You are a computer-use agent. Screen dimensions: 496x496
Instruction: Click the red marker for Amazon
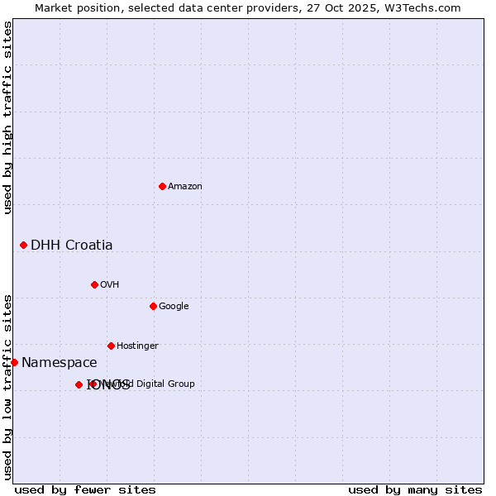pos(162,186)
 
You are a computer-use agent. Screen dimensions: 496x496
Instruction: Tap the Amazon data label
pos(185,186)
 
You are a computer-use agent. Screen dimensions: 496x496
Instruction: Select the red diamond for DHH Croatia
pos(23,245)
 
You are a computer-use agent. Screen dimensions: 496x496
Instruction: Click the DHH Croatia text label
pos(72,245)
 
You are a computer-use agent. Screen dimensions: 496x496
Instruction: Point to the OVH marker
pos(94,284)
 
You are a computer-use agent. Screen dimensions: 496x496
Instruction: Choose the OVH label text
pos(110,284)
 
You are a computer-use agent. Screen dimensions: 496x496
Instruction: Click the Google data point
pos(153,306)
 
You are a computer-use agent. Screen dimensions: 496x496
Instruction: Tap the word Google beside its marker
pos(174,306)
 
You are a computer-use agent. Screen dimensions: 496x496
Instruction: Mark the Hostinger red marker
pos(111,346)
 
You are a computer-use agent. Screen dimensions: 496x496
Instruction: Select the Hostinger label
pos(137,346)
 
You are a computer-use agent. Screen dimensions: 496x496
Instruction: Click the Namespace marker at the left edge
pos(14,362)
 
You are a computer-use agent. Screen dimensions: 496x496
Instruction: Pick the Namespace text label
pos(59,362)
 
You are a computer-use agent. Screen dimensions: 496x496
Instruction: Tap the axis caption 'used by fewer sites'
pos(85,489)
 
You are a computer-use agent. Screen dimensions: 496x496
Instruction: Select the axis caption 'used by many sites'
pos(415,489)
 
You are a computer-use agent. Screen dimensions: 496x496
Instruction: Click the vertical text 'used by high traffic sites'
pos(7,117)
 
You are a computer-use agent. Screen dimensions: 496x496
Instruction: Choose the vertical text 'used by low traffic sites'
pos(7,386)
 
